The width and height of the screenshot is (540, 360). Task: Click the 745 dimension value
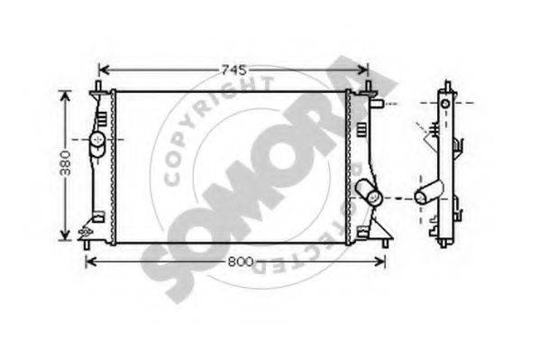pyautogui.click(x=234, y=70)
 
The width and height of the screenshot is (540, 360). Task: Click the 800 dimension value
pyautogui.click(x=241, y=262)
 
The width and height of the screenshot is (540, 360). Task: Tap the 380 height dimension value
pyautogui.click(x=65, y=163)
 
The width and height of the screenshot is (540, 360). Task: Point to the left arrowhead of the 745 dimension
pyautogui.click(x=104, y=70)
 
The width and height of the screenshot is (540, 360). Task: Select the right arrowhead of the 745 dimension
pyautogui.click(x=363, y=70)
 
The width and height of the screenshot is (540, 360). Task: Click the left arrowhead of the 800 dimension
pyautogui.click(x=90, y=262)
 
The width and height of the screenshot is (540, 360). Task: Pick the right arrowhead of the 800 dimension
pyautogui.click(x=380, y=262)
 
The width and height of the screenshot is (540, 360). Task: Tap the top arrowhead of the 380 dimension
pyautogui.click(x=65, y=97)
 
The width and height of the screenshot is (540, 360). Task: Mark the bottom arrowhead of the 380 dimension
pyautogui.click(x=65, y=235)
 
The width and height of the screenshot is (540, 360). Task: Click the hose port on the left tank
pyautogui.click(x=97, y=143)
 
